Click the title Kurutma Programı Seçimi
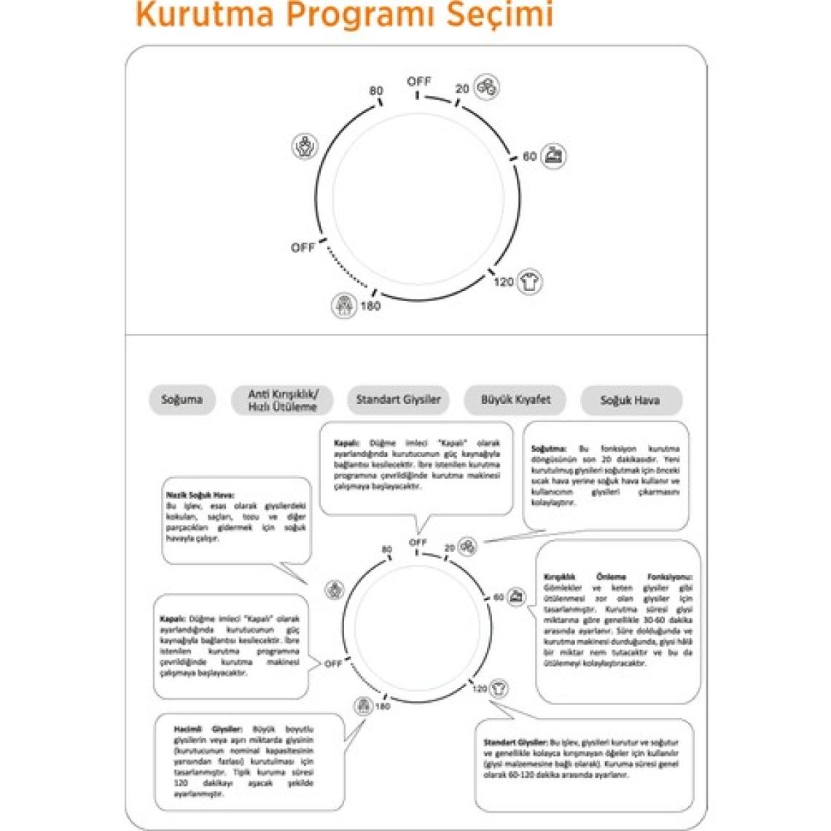tap(344, 15)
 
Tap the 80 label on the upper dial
tap(376, 91)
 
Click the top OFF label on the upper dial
tap(419, 82)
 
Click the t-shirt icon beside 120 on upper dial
tap(529, 281)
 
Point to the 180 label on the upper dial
tap(370, 306)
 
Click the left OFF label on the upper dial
tap(303, 248)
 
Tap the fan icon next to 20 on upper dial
tap(487, 87)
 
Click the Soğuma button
tap(182, 399)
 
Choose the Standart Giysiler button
tap(398, 399)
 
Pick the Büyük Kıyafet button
tap(515, 399)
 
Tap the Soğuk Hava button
tap(631, 400)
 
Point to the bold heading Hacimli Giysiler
tap(208, 729)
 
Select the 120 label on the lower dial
tap(479, 689)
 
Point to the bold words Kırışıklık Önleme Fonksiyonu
tap(618, 577)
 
